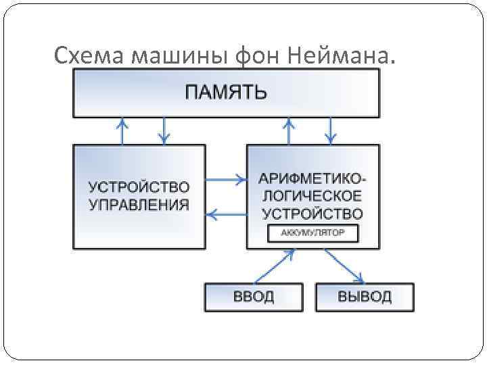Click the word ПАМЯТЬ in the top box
point(226,92)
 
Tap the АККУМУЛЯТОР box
point(312,234)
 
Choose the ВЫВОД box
point(364,297)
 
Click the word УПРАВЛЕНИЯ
point(139,205)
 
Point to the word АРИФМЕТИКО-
point(312,180)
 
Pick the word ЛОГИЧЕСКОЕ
point(312,197)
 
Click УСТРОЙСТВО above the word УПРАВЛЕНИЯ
point(139,187)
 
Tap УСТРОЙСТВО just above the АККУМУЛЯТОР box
point(312,214)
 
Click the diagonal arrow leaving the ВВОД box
point(273,266)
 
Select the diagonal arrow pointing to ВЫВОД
point(345,266)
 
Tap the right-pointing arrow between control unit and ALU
point(226,180)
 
